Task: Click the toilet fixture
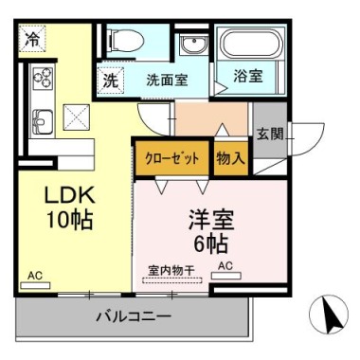pos(126,41)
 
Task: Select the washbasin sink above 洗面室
pos(193,44)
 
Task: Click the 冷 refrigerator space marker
pos(32,38)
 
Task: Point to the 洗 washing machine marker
pos(111,81)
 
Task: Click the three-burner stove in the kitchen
pos(43,78)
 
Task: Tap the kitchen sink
pos(43,121)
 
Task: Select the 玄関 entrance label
pos(269,135)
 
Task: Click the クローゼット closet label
pos(172,158)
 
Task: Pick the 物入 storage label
pos(231,158)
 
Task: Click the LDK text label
pos(69,196)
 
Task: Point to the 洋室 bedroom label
pos(210,220)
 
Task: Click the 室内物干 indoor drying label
pos(171,270)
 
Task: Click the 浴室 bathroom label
pos(248,76)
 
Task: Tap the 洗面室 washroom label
pos(167,81)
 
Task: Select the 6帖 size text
pos(210,244)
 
